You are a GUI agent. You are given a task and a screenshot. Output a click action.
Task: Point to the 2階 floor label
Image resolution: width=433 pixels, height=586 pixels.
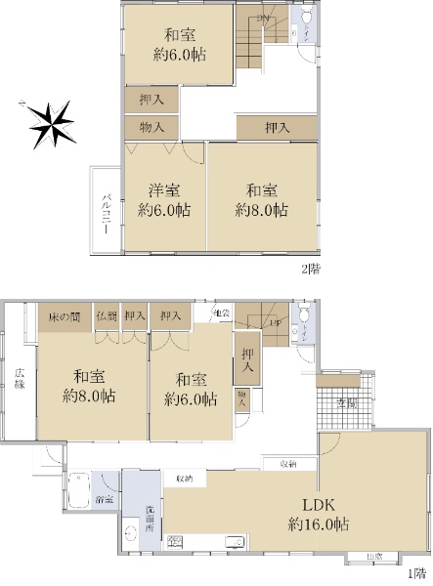tap(311, 266)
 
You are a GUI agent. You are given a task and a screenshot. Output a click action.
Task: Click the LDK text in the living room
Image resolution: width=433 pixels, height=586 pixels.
tap(318, 506)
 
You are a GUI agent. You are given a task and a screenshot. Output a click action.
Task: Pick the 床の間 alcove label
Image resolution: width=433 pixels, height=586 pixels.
tap(65, 315)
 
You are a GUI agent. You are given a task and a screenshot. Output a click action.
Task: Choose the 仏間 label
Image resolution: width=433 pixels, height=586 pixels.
tap(107, 315)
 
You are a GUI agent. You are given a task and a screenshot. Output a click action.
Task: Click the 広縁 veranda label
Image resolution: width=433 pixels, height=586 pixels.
tap(19, 379)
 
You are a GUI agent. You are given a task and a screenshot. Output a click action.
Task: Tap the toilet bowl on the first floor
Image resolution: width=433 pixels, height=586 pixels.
tap(306, 317)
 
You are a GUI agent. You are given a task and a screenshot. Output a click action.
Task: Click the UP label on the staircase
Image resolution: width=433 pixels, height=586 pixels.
tap(277, 324)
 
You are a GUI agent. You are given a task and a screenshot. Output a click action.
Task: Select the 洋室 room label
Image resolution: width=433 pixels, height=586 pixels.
tap(163, 190)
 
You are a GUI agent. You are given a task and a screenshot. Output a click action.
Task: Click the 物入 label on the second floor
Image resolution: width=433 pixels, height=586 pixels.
tap(152, 127)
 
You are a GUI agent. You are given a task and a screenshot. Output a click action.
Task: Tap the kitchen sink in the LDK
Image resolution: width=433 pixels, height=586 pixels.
tap(236, 543)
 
